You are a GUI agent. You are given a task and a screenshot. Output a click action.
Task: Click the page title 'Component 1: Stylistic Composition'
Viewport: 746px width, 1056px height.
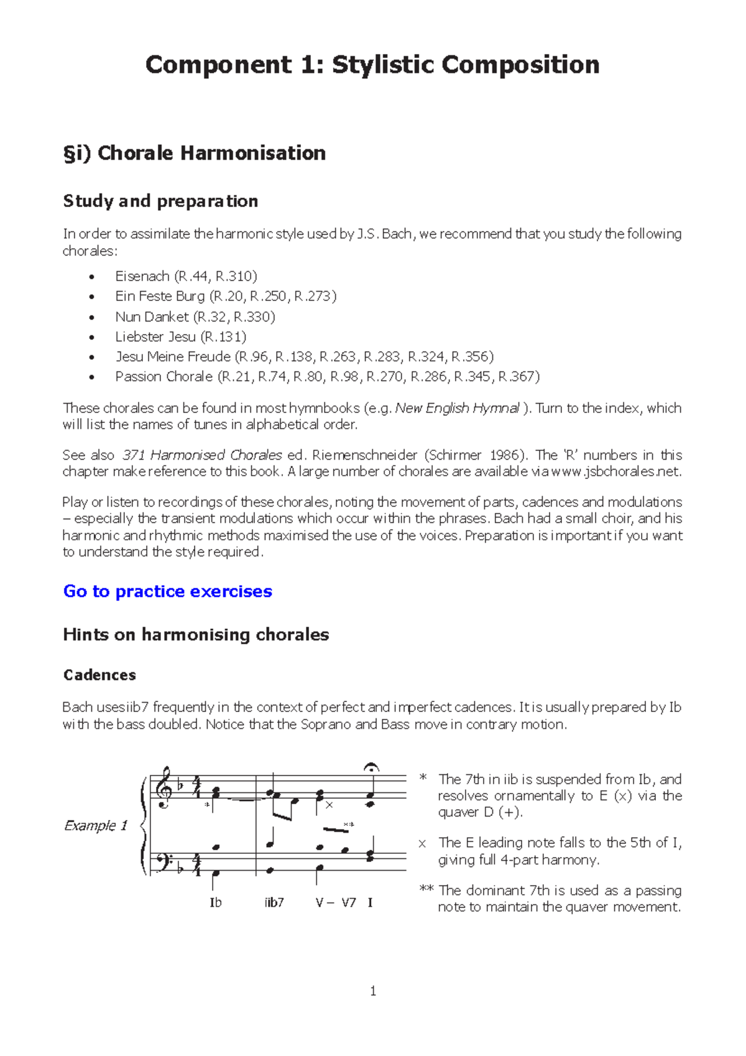pos(372,65)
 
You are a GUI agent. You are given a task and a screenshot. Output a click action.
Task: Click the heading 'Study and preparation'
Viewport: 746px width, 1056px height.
pos(160,201)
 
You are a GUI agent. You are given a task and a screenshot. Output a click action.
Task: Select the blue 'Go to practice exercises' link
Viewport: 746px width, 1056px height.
pos(168,591)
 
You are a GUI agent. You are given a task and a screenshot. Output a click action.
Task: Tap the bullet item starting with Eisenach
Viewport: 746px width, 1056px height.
pos(186,276)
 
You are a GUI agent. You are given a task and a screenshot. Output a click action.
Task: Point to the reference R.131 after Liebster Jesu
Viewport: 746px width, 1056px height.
pos(224,336)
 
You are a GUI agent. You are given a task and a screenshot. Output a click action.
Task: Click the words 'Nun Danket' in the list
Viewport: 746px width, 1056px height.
pos(152,317)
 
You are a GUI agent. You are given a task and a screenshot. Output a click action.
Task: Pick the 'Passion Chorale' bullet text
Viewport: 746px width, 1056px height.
pos(163,376)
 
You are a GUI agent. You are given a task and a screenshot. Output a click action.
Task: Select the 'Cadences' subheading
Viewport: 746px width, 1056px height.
pos(99,675)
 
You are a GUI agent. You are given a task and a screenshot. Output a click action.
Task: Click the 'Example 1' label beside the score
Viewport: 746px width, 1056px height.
pos(96,825)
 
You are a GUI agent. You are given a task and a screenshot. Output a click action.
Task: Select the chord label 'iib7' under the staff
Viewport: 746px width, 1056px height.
pos(274,902)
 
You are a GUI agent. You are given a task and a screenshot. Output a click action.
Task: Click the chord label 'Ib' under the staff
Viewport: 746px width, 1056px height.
pos(216,902)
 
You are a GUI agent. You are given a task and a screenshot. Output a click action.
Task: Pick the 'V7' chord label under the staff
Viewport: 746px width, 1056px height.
pos(348,902)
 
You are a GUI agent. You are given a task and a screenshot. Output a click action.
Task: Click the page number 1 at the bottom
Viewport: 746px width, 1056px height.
pos(373,991)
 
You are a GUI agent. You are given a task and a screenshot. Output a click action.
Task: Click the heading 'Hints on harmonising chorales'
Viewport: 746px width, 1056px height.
pos(196,634)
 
